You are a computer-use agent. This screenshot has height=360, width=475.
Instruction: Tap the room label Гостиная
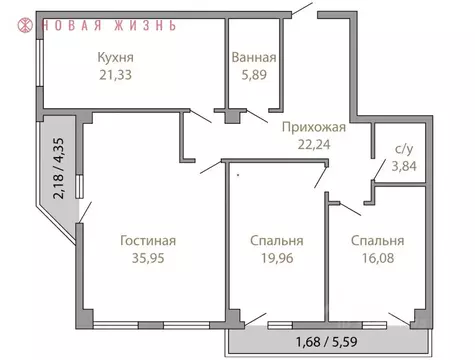pos(148,241)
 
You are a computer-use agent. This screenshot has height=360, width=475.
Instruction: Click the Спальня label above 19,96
pos(276,241)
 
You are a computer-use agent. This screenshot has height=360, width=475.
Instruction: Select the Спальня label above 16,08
pos(376,241)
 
